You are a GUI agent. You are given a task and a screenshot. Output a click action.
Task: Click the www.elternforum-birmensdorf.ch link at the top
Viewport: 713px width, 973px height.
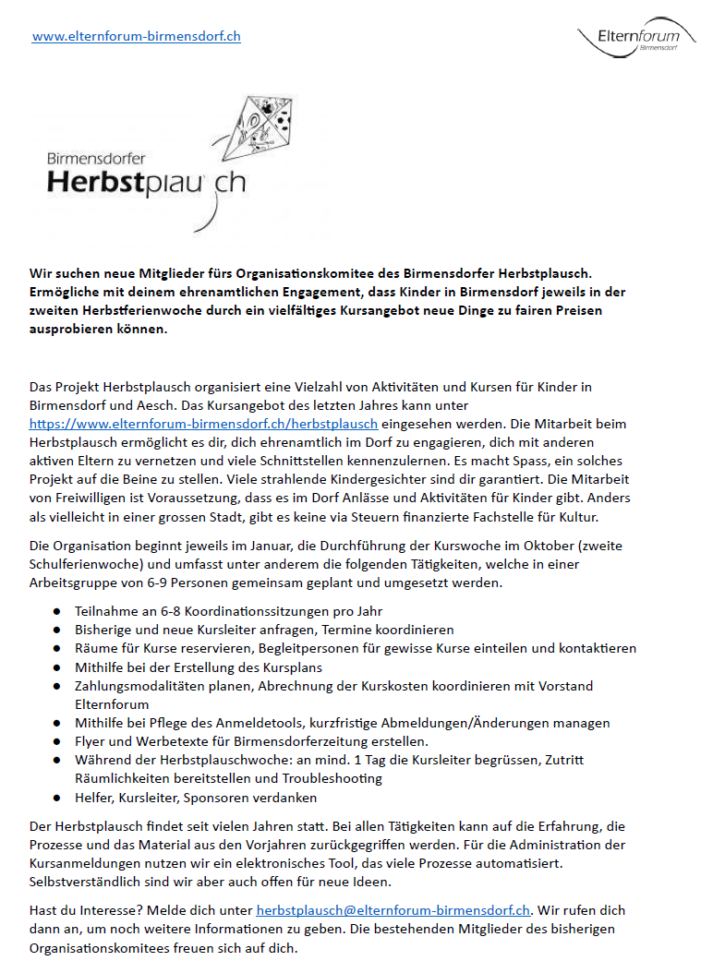coord(137,37)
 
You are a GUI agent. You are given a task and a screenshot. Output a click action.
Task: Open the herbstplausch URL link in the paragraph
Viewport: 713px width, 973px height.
coord(203,424)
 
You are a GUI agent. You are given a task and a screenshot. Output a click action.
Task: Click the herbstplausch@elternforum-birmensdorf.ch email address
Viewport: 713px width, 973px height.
coord(393,909)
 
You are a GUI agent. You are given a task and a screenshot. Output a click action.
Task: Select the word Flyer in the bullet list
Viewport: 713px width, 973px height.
coord(91,741)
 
